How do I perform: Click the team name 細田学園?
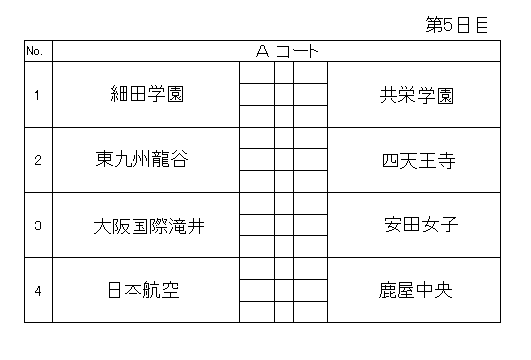coord(146,94)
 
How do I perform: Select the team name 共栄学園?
coord(416,96)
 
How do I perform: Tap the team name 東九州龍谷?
coord(141,159)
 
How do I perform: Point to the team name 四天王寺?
coord(418,161)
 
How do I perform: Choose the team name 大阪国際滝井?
coord(148,226)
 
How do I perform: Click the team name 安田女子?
coord(421,225)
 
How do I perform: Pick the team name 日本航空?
coord(143,290)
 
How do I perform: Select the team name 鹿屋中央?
coord(415,290)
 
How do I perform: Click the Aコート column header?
coord(287,51)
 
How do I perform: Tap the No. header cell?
coord(35,51)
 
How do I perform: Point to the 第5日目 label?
coord(457,25)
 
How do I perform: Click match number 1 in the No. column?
coord(37,95)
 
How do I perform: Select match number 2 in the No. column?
coord(38,160)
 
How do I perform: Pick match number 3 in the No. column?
coord(38,225)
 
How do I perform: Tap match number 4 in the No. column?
coord(38,291)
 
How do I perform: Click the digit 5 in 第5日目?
coord(448,25)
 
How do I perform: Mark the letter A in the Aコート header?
coord(262,51)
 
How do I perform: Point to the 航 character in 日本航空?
coord(152,290)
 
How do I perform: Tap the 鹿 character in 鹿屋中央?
coord(388,290)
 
